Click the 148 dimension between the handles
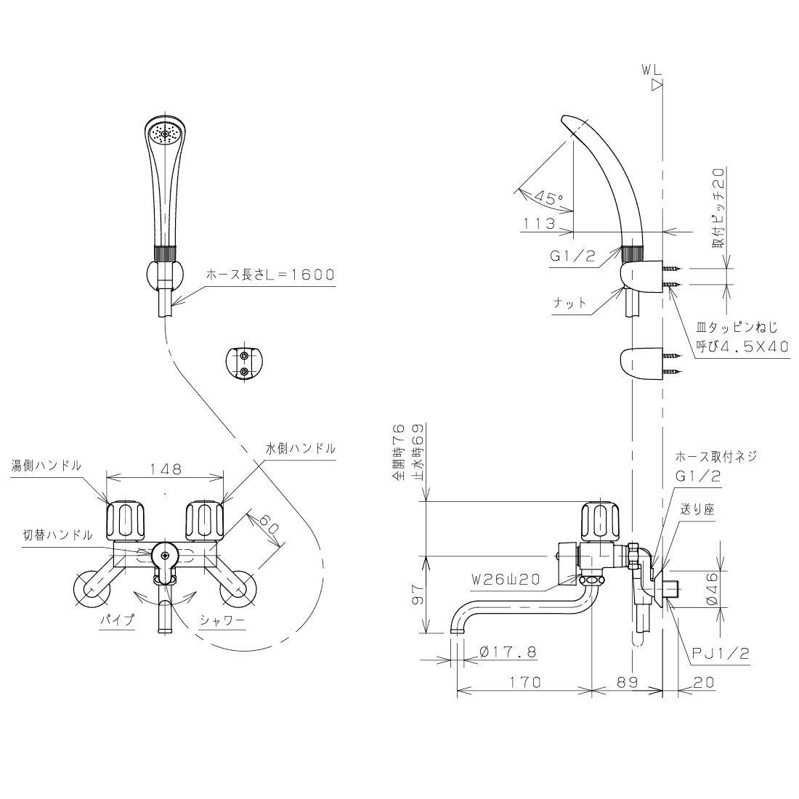166,469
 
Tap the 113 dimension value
539,223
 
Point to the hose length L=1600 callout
270,275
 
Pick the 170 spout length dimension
525,682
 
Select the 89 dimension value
628,682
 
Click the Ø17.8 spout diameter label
508,652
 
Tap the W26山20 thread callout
506,580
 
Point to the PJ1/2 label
721,653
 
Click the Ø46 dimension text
712,588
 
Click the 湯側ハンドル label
46,465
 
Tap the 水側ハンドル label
301,448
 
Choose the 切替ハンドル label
57,535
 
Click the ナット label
569,303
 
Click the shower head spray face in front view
163,135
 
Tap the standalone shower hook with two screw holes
245,362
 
